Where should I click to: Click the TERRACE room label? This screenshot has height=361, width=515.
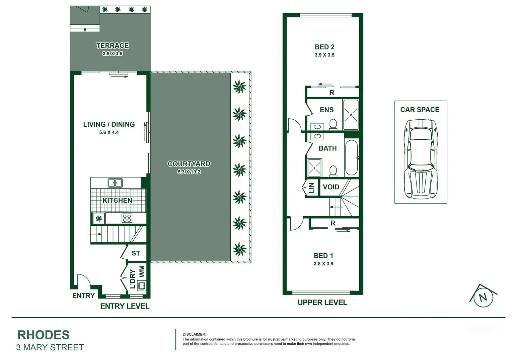(x=112, y=45)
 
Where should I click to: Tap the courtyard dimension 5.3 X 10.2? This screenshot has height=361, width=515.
(x=189, y=172)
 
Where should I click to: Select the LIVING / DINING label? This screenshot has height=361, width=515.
(x=109, y=124)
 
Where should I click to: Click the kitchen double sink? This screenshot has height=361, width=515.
(x=115, y=183)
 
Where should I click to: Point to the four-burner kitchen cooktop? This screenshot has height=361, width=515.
(x=127, y=218)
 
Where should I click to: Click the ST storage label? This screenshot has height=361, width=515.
(x=136, y=253)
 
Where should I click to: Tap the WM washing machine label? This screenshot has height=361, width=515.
(x=142, y=271)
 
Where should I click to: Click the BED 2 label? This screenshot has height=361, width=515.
(x=324, y=47)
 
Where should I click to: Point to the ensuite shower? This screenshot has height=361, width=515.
(x=351, y=115)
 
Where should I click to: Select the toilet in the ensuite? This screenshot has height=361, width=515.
(x=333, y=125)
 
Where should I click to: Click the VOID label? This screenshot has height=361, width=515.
(x=331, y=187)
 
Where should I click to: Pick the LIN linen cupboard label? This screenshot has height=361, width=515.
(x=311, y=188)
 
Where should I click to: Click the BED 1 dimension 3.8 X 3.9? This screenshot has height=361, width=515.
(x=323, y=264)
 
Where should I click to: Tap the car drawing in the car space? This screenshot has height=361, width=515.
(x=421, y=158)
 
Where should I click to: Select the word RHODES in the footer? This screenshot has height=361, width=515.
(x=44, y=335)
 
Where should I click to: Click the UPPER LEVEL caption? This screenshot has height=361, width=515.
(x=322, y=303)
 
